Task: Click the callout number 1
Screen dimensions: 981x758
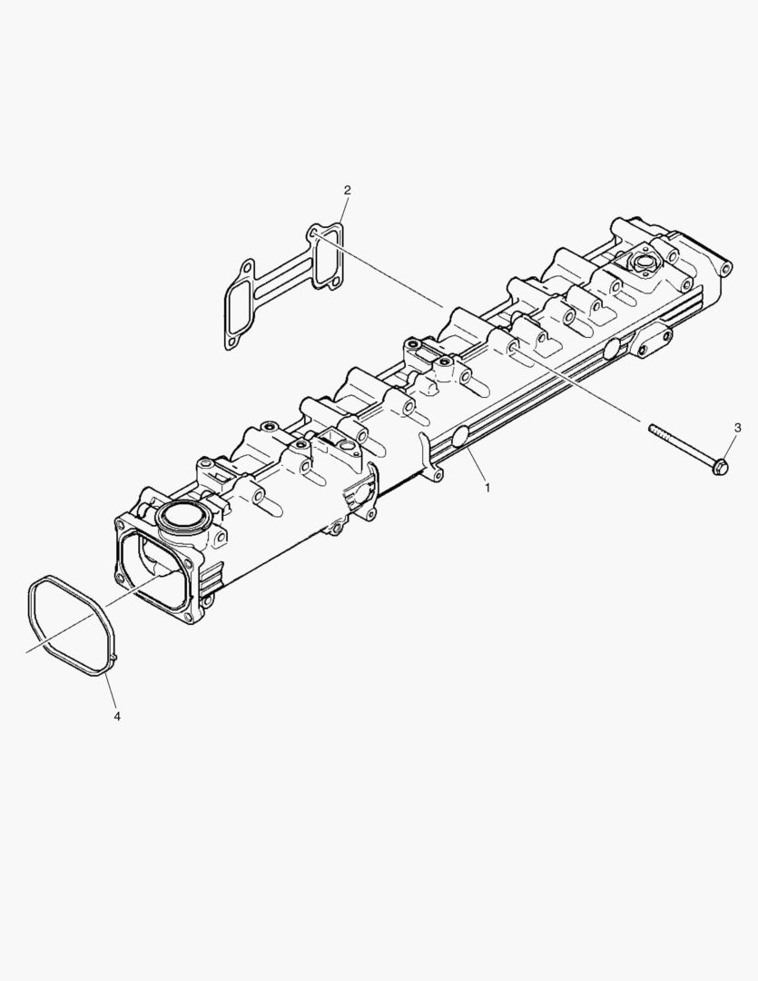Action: pyautogui.click(x=487, y=488)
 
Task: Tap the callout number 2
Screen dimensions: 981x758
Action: pyautogui.click(x=347, y=190)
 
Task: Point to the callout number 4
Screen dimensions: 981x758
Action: pyautogui.click(x=117, y=716)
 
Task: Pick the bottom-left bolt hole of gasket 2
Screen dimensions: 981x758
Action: pyautogui.click(x=232, y=342)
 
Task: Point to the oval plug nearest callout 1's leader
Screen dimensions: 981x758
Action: pyautogui.click(x=462, y=437)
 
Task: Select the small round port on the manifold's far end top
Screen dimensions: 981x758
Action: pyautogui.click(x=645, y=263)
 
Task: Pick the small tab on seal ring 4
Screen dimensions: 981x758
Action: pyautogui.click(x=114, y=657)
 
